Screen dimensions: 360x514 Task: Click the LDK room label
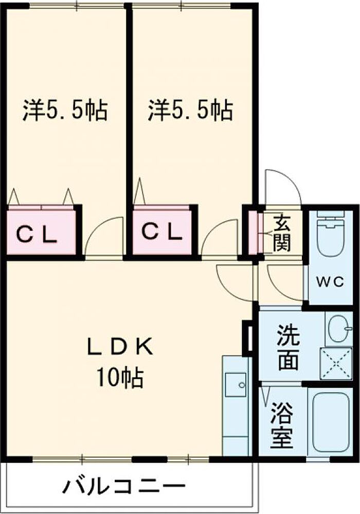coord(119,347)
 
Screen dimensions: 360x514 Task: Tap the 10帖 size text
coord(119,378)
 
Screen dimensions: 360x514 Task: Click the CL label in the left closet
coord(37,235)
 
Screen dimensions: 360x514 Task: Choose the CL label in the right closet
coord(162,232)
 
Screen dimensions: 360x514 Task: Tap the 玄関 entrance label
coord(282,233)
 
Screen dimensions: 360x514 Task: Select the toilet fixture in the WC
coord(331,237)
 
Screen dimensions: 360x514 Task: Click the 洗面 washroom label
coord(288,347)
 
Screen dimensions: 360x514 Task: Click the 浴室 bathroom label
coord(281,423)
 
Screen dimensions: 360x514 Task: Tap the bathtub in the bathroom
coord(331,422)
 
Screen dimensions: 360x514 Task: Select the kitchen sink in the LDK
coord(236,384)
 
